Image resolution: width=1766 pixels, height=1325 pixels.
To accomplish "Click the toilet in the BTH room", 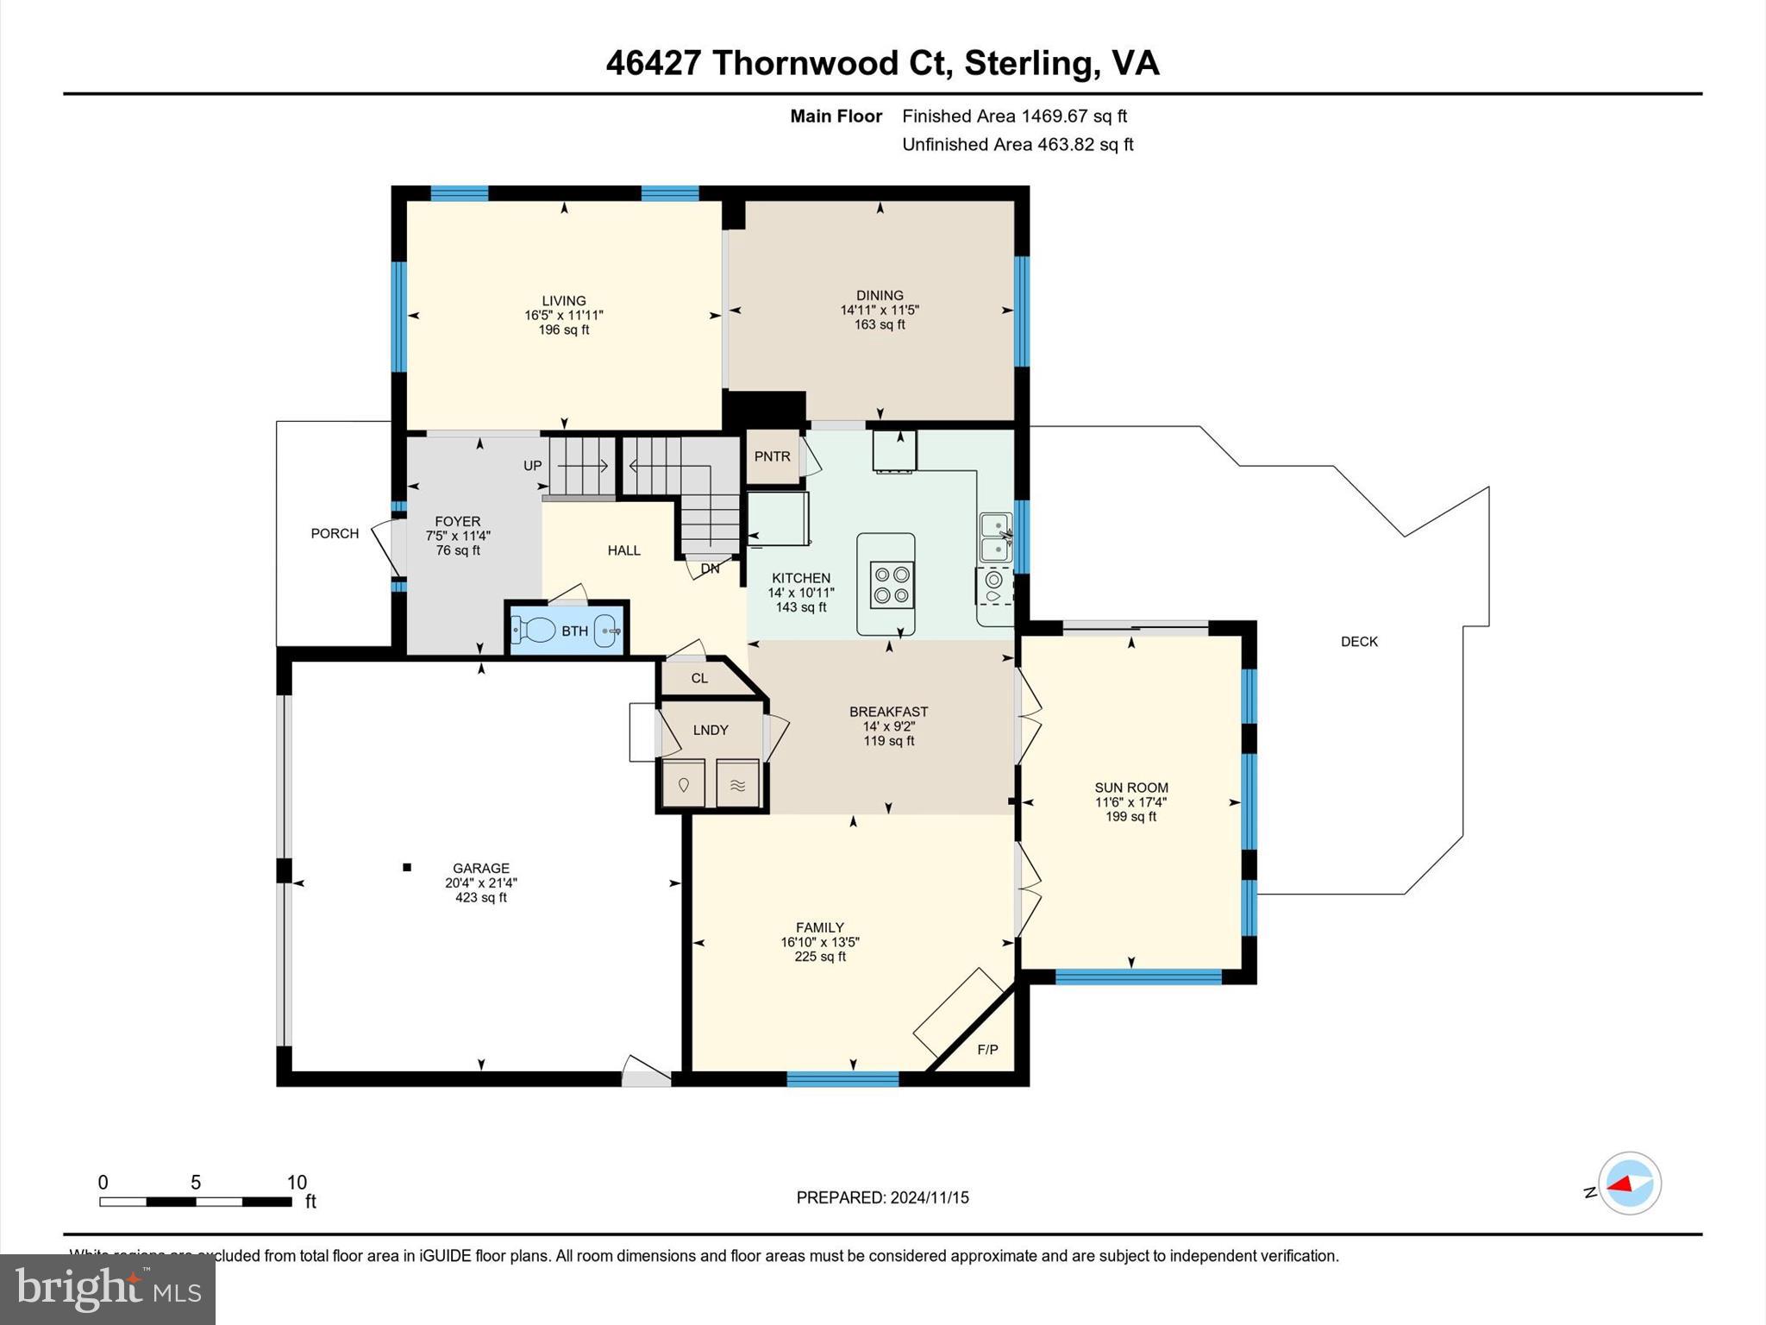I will (535, 631).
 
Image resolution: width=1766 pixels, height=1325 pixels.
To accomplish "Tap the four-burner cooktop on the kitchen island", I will (892, 585).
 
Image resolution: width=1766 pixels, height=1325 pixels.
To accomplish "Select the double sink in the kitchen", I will (995, 537).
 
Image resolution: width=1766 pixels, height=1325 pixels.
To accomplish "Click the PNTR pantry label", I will (772, 456).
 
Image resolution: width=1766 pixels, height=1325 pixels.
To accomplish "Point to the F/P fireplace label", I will (987, 1050).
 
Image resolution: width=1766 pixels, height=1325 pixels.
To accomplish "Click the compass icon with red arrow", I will (1629, 1184).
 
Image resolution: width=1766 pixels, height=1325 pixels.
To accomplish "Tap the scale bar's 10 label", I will (297, 1183).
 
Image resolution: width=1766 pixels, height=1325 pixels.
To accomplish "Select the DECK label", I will (1359, 642).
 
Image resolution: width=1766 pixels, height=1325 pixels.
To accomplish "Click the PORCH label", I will (335, 534).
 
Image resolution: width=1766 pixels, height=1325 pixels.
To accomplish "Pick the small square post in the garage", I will (407, 867).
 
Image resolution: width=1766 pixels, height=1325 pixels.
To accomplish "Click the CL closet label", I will (699, 679).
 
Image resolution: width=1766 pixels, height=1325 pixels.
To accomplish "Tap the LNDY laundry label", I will (711, 731).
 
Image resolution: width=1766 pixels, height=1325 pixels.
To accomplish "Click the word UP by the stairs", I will (533, 466).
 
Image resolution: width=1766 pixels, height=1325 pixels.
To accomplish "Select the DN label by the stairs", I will (710, 569).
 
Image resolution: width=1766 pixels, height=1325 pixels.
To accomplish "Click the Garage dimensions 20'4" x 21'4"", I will (481, 883).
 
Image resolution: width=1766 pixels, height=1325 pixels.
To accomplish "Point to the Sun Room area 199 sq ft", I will (1130, 817).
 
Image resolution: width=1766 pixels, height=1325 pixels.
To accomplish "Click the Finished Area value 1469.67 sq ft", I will (1074, 116).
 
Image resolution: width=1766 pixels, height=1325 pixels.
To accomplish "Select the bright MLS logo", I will (108, 1289).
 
